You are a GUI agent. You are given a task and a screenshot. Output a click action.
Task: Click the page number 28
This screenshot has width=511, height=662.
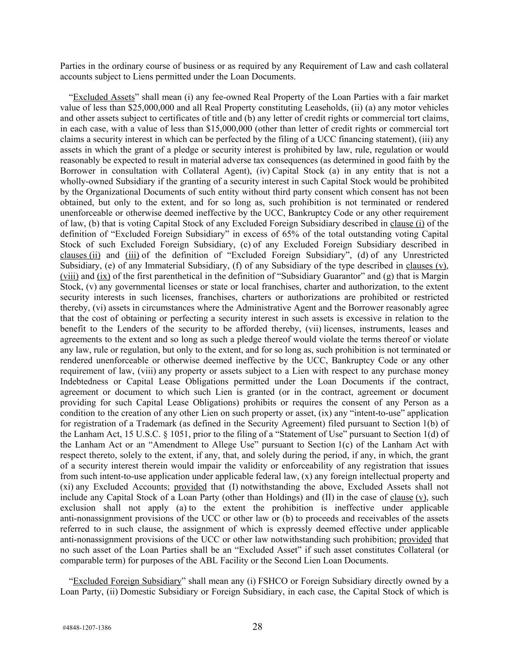[257, 627]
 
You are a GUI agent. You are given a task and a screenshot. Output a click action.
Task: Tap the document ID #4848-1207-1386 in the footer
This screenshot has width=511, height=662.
[87, 628]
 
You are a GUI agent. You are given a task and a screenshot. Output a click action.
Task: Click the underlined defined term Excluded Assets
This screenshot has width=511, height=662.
[104, 97]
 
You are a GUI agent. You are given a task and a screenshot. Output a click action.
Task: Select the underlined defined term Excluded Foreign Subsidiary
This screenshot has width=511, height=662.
[127, 581]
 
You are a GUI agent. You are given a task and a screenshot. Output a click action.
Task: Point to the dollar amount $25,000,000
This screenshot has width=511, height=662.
[154, 108]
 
